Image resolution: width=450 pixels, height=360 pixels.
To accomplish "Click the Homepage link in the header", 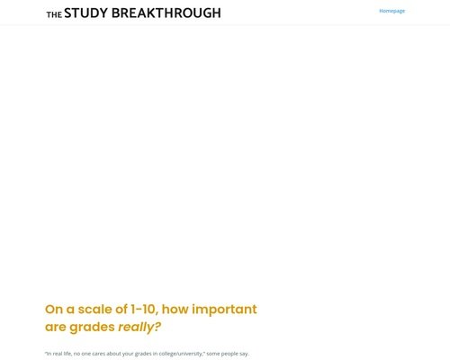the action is (x=391, y=11).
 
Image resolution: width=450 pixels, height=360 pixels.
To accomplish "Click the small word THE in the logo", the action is (x=54, y=14).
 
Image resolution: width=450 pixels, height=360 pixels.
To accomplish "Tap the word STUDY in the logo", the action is (x=85, y=13).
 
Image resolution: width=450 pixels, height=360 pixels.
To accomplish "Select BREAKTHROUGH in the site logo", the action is (x=166, y=13).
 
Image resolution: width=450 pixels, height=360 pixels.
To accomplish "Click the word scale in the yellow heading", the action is (x=96, y=310).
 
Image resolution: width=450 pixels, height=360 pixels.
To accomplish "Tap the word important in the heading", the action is (x=224, y=310).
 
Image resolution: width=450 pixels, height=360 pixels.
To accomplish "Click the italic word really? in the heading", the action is (x=139, y=327).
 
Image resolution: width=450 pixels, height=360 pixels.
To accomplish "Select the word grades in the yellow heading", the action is (x=92, y=328).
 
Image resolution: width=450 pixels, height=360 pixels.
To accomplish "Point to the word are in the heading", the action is (x=55, y=328).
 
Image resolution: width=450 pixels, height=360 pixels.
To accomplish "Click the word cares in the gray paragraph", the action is (x=99, y=354).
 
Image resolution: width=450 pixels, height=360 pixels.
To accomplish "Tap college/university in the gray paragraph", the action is (x=181, y=354).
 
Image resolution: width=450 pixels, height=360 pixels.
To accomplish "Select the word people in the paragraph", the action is (x=229, y=354).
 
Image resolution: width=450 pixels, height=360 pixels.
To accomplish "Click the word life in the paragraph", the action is (x=67, y=354).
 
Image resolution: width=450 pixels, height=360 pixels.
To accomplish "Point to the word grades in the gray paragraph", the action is (x=143, y=354).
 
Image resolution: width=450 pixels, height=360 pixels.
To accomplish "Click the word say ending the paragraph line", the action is (x=244, y=354).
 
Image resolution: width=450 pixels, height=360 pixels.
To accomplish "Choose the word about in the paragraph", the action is (x=113, y=354).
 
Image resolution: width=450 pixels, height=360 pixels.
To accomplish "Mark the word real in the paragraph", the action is (x=58, y=354).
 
